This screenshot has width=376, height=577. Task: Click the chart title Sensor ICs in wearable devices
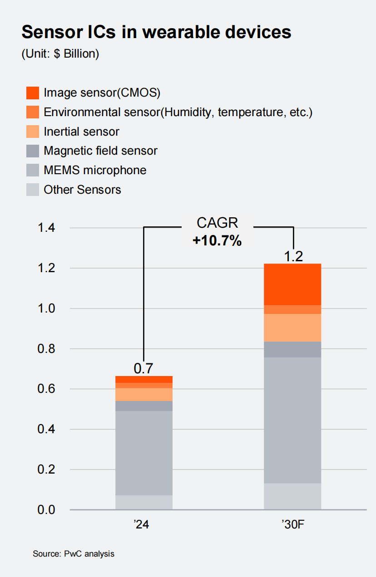(x=156, y=32)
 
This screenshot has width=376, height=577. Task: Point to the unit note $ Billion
(x=60, y=54)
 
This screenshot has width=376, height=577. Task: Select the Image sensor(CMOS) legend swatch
(x=33, y=93)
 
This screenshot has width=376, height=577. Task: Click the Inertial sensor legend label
(x=81, y=132)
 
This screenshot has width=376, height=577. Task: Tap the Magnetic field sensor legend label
(x=100, y=151)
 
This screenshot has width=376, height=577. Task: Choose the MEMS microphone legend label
(x=95, y=170)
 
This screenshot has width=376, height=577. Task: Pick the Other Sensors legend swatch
(x=33, y=190)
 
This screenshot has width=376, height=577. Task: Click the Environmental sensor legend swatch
(x=33, y=112)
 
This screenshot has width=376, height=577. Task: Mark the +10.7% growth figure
(x=217, y=240)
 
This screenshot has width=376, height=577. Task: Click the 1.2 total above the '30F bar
(x=293, y=257)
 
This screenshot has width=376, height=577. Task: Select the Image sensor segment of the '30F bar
(x=292, y=284)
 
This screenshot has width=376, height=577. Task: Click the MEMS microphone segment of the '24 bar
(x=143, y=453)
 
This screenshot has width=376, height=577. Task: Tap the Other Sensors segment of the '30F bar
(x=292, y=496)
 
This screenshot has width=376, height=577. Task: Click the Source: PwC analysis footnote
(x=73, y=554)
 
